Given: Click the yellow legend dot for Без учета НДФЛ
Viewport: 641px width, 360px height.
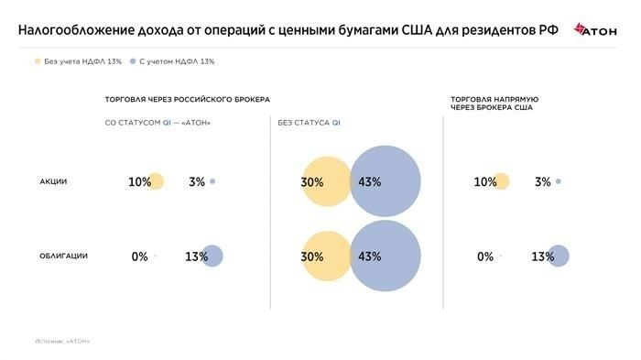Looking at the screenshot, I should [38, 61].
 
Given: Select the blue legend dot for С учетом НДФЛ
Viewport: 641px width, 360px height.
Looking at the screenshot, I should [133, 61].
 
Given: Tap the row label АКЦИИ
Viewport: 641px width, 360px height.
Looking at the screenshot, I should [53, 181].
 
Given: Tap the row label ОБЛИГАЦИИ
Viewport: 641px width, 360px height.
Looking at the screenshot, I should [63, 256].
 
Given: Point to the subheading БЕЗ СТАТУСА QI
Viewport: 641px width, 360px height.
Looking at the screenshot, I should [310, 122].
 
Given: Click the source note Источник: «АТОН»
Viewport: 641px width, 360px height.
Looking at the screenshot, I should [63, 341].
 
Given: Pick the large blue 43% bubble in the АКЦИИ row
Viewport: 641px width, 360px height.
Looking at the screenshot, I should [385, 181].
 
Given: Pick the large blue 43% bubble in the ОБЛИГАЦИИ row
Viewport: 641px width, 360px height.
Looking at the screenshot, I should [385, 256].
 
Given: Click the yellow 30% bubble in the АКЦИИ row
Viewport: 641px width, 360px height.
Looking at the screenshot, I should [322, 181].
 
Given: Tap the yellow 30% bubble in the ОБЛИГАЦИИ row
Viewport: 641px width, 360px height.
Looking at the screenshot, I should [322, 256].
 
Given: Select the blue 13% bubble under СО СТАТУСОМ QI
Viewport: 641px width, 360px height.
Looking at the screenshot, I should [212, 256].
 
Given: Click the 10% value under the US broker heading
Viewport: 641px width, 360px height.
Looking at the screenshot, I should [485, 181].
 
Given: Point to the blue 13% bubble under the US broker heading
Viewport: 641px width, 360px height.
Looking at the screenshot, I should [558, 256].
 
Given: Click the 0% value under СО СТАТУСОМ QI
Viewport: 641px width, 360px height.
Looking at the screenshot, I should [139, 256].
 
